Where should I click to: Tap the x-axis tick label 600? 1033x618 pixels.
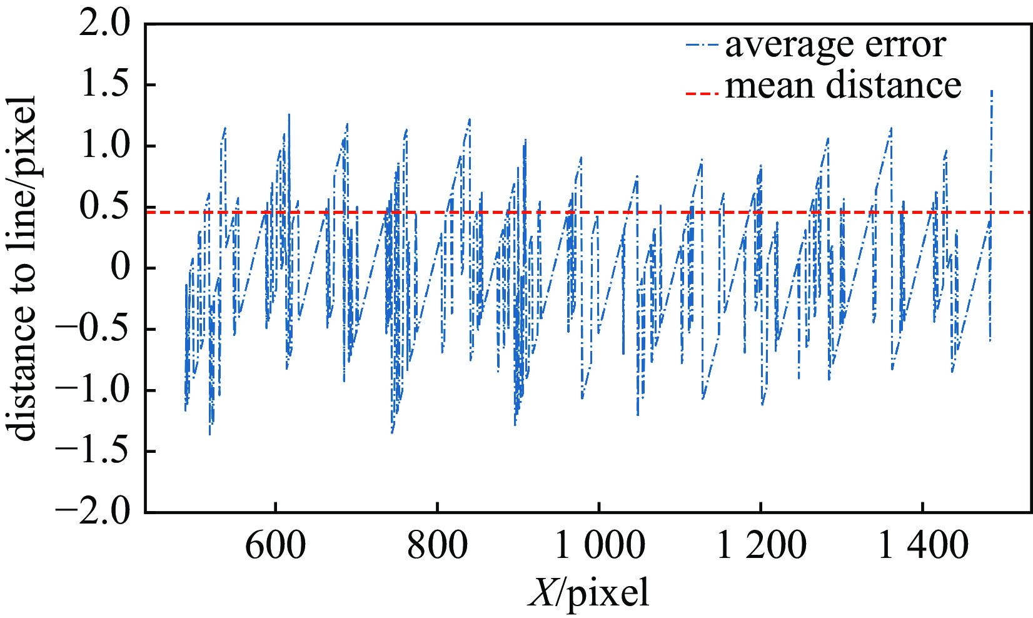pos(275,545)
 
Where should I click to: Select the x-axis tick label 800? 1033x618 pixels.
pos(437,545)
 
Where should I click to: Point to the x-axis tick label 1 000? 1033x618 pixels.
pos(600,545)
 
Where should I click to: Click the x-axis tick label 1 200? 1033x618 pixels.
pos(761,545)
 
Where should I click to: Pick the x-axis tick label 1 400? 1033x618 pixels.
pos(924,545)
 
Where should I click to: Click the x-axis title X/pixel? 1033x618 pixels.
pos(588,592)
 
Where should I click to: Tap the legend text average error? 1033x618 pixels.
pos(835,45)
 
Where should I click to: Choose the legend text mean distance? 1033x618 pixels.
pos(843,86)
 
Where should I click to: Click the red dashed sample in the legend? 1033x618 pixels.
pos(703,93)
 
